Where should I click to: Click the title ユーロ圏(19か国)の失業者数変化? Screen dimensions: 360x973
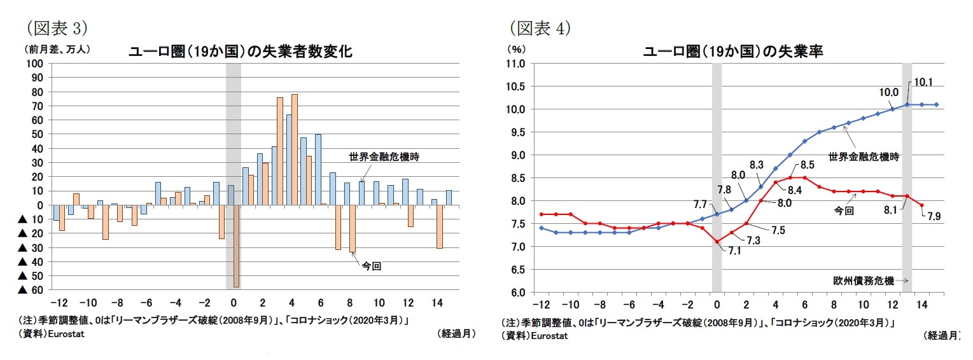coord(241,52)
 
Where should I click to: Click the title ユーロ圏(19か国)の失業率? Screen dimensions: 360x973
coord(734,52)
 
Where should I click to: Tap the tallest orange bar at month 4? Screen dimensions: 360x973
coord(295,149)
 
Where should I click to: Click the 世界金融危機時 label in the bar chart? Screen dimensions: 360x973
coord(379,156)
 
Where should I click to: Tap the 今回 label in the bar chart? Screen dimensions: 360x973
coord(371,267)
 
